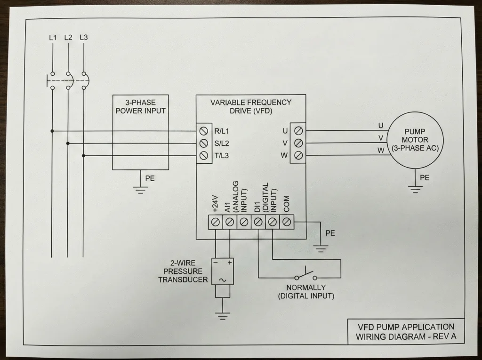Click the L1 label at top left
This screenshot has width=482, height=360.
click(x=52, y=37)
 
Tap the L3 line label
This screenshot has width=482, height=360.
click(x=84, y=37)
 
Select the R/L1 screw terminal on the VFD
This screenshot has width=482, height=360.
click(x=204, y=131)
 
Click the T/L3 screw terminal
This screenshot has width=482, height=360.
click(x=204, y=155)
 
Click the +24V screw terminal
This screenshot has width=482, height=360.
click(x=216, y=221)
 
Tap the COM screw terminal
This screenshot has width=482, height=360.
click(x=286, y=221)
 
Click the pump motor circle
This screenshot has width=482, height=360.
click(x=415, y=140)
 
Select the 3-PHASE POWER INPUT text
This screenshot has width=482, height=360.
click(x=140, y=107)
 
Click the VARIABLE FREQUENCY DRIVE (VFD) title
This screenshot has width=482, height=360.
click(x=250, y=106)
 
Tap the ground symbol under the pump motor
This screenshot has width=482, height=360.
click(x=415, y=189)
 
